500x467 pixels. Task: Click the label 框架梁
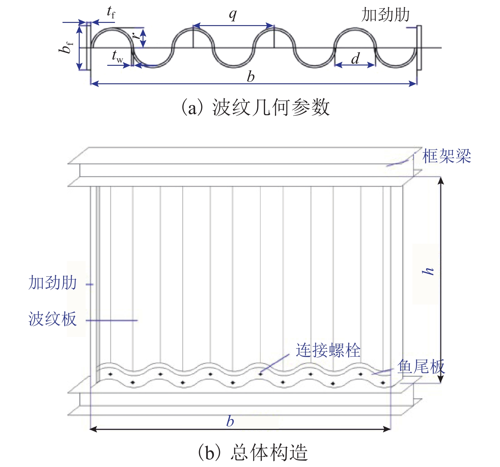446,156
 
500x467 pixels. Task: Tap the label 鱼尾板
421,367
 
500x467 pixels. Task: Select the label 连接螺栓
328,350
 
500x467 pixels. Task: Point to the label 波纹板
53,319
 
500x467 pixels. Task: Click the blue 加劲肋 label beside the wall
53,283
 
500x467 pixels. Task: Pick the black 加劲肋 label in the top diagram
385,15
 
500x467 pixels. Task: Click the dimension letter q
233,14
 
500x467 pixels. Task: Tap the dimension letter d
356,58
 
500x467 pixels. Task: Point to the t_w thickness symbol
117,56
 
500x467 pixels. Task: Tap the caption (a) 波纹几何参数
255,107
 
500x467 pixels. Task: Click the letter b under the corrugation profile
251,77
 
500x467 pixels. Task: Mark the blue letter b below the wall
230,422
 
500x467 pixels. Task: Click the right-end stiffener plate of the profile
419,48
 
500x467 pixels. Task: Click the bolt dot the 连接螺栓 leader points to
260,374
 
